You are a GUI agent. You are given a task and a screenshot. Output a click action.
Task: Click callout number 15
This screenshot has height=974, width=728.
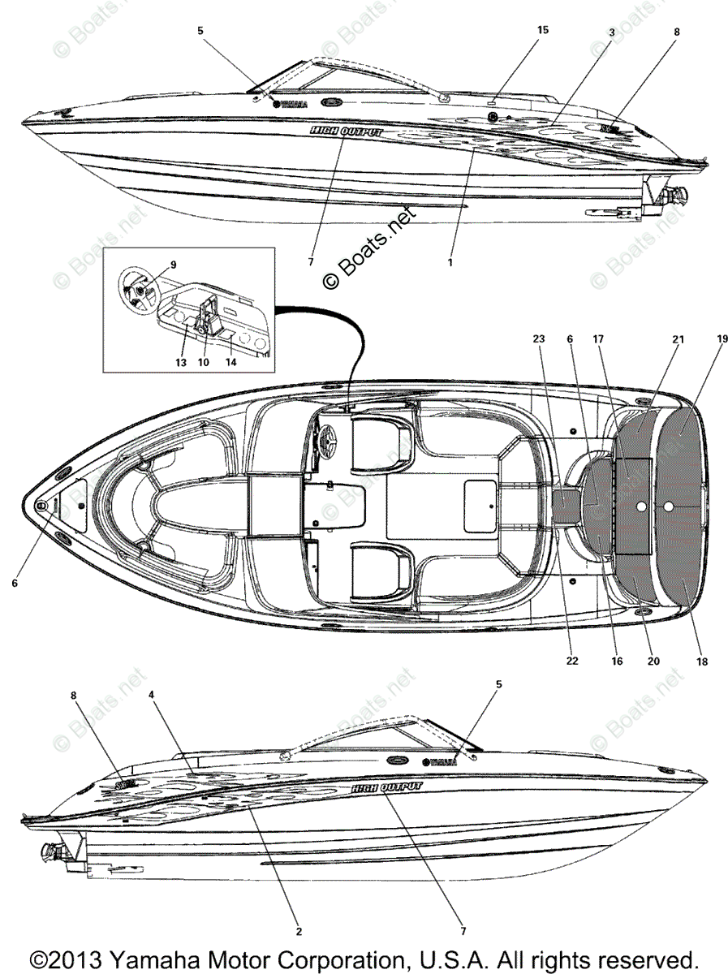point(542,30)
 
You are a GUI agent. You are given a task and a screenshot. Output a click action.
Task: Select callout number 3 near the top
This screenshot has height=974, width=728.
point(612,32)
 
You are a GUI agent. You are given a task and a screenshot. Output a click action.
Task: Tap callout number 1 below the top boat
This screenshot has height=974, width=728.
point(450,262)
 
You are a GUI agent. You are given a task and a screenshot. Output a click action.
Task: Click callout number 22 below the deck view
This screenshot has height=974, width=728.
point(572,662)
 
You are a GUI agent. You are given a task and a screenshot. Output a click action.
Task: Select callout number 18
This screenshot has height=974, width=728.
point(701,662)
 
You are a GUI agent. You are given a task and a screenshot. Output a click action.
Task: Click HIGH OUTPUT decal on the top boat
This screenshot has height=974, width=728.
point(345,131)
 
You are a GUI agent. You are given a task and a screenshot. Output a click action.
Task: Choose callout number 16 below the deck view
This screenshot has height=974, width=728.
point(617,662)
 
